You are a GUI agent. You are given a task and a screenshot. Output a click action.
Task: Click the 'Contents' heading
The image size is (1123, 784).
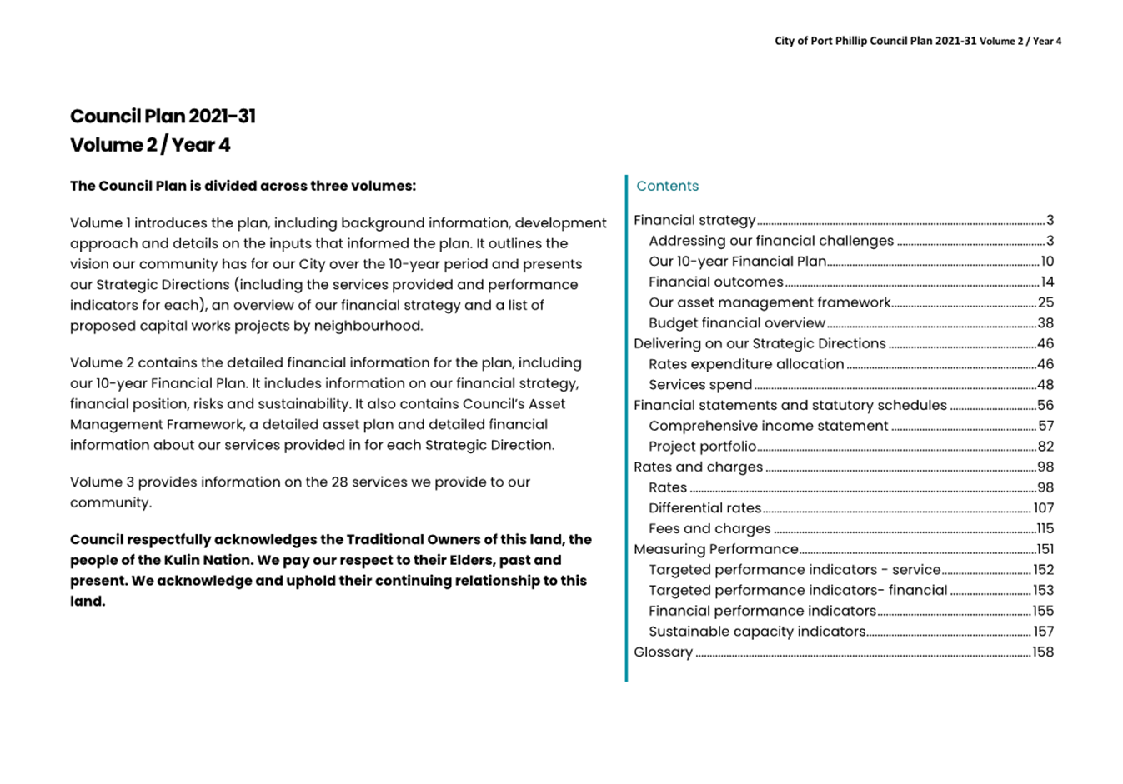667,186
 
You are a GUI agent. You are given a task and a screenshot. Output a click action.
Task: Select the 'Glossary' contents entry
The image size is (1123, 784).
663,652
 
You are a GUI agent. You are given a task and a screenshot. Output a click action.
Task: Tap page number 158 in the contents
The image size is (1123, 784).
1043,652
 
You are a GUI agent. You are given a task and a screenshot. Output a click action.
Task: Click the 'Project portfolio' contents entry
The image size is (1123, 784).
702,446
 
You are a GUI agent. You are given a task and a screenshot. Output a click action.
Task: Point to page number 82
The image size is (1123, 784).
1045,446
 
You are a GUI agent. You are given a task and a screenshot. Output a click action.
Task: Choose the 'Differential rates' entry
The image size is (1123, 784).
704,507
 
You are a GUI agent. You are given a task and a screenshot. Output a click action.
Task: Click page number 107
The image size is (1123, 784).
1043,507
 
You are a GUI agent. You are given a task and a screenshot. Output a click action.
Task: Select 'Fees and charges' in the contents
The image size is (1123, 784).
709,528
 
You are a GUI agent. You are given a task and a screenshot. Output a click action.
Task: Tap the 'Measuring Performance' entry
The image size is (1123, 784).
715,549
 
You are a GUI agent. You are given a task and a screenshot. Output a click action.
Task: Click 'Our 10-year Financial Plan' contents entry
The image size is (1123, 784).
737,261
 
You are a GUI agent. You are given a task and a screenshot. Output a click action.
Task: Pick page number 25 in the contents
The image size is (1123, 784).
1045,302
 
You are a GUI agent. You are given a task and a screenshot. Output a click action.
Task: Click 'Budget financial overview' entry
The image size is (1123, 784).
736,322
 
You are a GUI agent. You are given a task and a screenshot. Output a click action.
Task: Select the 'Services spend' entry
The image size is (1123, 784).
700,384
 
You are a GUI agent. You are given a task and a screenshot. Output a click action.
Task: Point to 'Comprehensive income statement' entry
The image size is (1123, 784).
768,426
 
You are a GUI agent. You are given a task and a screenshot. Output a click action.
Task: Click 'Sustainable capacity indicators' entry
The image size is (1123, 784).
757,631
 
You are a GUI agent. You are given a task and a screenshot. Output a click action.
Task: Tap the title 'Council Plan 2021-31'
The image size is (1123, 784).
163,116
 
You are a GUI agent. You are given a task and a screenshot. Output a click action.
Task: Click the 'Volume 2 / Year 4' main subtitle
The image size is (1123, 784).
150,145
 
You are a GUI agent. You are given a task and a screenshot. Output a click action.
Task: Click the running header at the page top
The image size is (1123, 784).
918,41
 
